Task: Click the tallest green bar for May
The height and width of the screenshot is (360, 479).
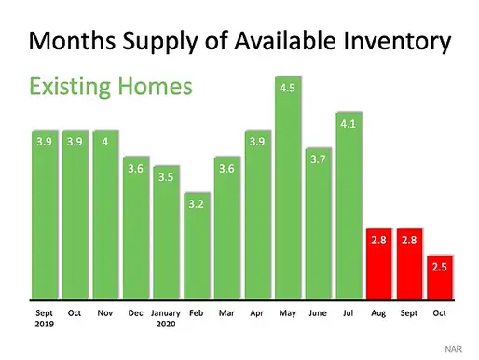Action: tap(288, 196)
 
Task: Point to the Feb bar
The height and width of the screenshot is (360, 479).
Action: tap(197, 247)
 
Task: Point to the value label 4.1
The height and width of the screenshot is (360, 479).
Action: tap(349, 122)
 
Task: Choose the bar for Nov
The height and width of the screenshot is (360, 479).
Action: tap(105, 215)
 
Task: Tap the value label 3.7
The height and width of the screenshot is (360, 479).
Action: tap(319, 159)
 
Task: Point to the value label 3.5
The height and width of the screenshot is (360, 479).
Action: tap(166, 175)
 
